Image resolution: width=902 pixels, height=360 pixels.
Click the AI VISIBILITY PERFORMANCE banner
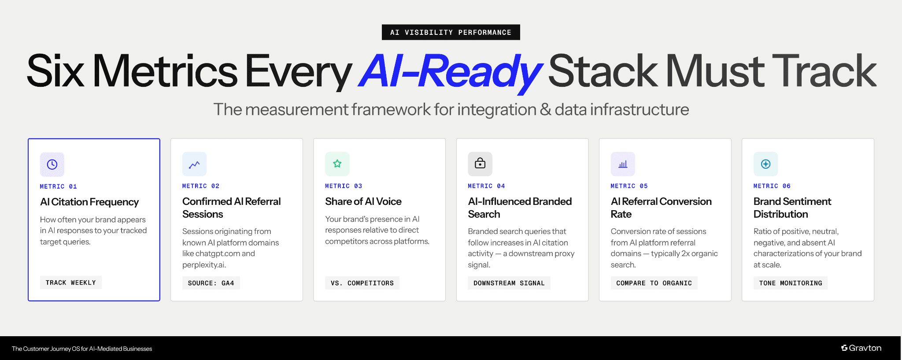point(451,32)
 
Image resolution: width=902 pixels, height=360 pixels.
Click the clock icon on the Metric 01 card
point(52,164)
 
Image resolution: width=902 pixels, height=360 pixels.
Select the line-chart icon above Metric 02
point(194,164)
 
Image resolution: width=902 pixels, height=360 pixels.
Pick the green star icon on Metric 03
point(337,164)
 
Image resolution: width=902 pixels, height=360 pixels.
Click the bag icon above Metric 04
point(480,164)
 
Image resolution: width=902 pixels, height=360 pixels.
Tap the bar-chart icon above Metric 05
point(623,164)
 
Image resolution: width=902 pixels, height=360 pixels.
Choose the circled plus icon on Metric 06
point(765,164)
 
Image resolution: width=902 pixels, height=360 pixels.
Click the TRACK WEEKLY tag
point(70,282)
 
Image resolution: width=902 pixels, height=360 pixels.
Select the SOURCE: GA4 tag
point(211,283)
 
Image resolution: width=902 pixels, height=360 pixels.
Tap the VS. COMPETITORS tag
point(362,283)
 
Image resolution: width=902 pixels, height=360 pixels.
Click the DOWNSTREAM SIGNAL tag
point(509,283)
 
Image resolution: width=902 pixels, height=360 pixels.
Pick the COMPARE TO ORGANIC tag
point(654,283)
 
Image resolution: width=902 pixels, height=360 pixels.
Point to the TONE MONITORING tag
point(790,283)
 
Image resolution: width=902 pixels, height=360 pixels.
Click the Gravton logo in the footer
point(861,348)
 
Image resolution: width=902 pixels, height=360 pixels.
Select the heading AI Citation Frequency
point(89,202)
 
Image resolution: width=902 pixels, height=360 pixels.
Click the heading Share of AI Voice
point(363,201)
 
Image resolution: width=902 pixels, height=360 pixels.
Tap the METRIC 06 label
point(772,186)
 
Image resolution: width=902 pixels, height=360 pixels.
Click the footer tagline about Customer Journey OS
point(82,349)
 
